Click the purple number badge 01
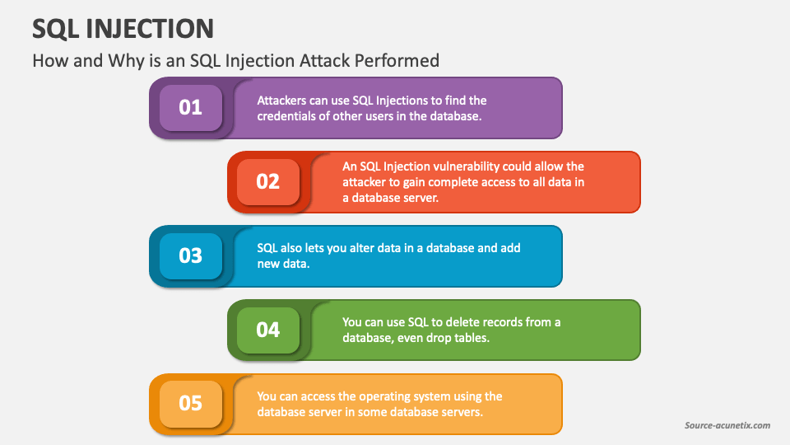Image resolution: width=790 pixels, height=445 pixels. coord(191,108)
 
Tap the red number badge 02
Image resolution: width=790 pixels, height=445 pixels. coord(268,182)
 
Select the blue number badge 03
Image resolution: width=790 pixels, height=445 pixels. coord(191,256)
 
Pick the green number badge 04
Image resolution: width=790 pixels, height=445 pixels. coord(268,330)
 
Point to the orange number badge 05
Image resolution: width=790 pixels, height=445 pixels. coord(191,404)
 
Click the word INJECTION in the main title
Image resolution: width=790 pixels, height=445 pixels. coord(150,29)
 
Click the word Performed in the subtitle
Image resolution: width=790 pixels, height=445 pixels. coord(397,60)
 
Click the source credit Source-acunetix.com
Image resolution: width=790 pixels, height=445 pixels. coord(727,425)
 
